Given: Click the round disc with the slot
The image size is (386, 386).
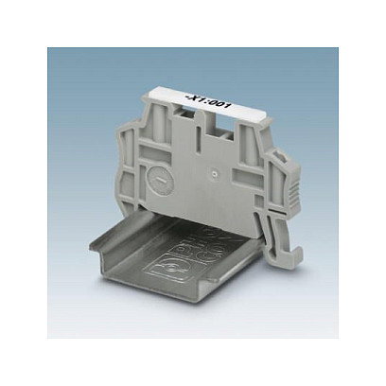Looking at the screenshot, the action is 161,179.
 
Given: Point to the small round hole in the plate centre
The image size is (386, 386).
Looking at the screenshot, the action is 215,173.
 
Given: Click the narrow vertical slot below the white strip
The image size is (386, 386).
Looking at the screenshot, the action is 198,140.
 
